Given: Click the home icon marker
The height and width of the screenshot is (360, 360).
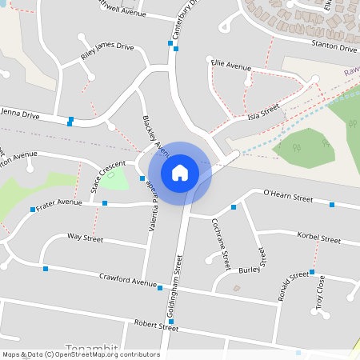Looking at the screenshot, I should click(x=180, y=172).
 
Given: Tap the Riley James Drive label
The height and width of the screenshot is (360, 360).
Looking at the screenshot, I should click(x=107, y=53).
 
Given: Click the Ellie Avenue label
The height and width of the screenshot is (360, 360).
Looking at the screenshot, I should click(x=230, y=63).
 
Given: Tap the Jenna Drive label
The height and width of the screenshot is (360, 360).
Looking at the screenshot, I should click(x=20, y=114).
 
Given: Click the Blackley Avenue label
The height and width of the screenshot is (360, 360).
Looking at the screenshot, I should click(x=156, y=136).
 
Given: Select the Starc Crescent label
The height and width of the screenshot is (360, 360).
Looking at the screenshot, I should click(x=107, y=177).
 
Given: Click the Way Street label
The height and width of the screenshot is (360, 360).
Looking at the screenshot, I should click(x=85, y=238).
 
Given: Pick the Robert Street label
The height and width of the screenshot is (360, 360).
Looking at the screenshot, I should click(x=156, y=325).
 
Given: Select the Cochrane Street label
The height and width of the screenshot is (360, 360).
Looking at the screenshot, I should click(x=222, y=243).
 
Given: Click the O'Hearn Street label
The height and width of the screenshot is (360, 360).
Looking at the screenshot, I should click(x=288, y=196).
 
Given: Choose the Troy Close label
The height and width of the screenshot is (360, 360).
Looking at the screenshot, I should click(x=320, y=293).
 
